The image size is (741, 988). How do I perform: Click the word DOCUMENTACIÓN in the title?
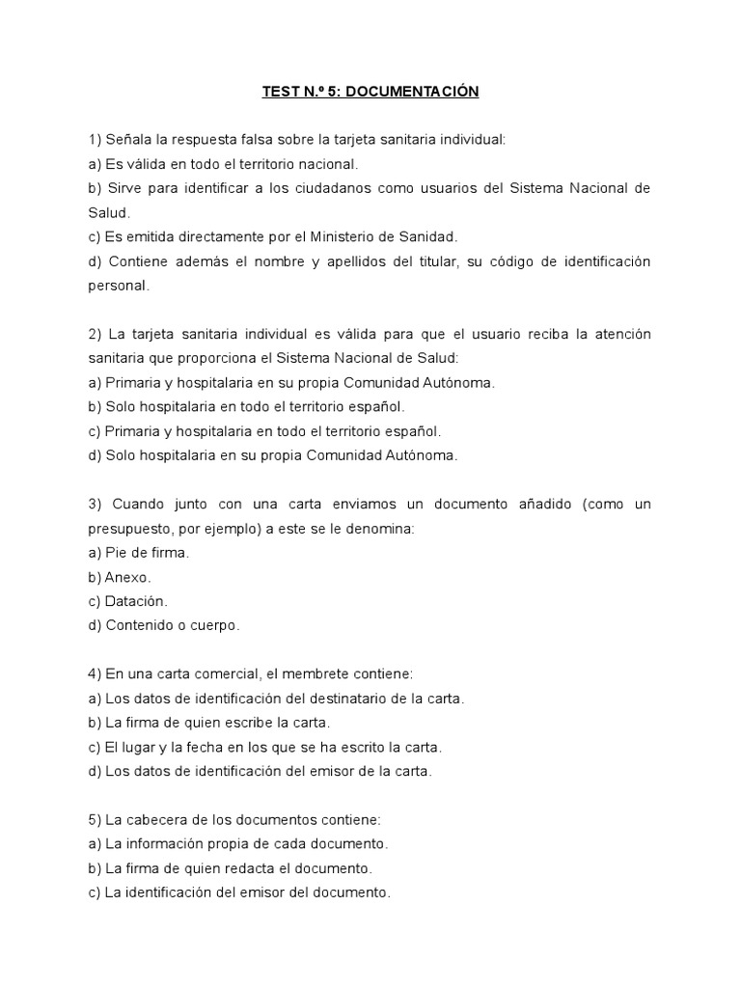coord(412,92)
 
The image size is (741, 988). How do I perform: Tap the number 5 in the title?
coord(333,92)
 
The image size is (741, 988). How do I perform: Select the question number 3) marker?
coord(95,504)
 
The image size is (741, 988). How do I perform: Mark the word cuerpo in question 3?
coord(214,625)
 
